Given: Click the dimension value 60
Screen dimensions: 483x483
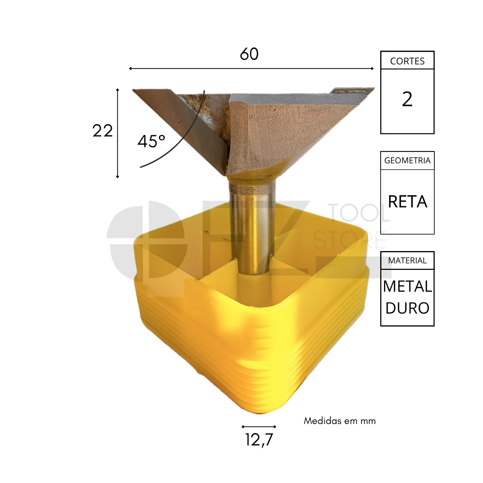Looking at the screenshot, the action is click(x=249, y=54).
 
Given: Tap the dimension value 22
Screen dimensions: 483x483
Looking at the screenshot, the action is click(x=102, y=131).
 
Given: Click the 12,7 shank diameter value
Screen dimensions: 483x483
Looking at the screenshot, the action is click(x=259, y=440).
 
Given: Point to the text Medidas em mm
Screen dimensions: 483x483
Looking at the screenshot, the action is click(x=340, y=421).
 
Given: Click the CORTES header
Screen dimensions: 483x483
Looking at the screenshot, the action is click(x=407, y=61).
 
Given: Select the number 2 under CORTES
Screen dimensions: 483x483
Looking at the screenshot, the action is click(x=407, y=99).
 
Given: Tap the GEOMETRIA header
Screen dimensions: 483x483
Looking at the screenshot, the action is click(x=407, y=160).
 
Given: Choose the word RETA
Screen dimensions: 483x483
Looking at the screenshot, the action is click(x=407, y=201).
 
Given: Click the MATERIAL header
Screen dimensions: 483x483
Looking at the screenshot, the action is click(x=407, y=260).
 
